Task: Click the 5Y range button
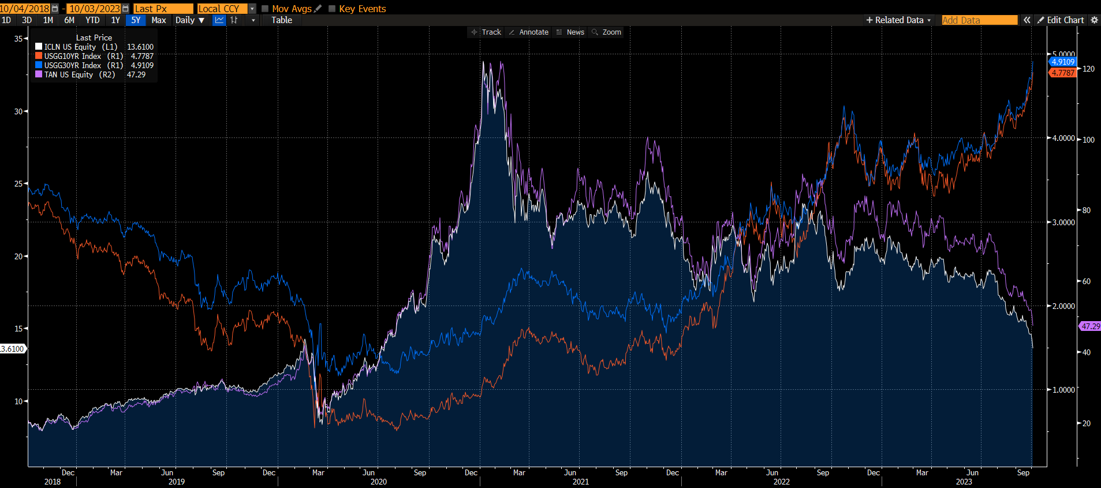tap(136, 20)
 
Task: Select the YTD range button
tap(92, 20)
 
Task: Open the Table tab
tap(282, 20)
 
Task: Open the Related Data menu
tap(899, 20)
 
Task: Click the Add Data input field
tap(979, 20)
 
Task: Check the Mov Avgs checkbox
tap(266, 9)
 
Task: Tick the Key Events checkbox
tap(332, 9)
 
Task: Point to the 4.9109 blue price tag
tap(1062, 62)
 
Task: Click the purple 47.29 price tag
tap(1090, 326)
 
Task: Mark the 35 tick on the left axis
tap(18, 39)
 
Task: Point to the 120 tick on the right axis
tap(1088, 69)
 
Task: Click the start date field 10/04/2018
tap(25, 9)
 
